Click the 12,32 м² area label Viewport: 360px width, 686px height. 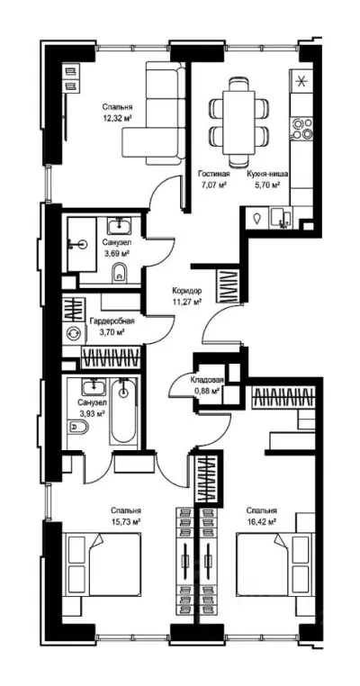click(x=117, y=117)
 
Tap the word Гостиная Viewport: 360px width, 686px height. click(x=213, y=173)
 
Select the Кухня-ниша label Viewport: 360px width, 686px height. click(x=266, y=173)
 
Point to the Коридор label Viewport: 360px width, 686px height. click(x=187, y=290)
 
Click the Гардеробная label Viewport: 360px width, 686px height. click(x=112, y=321)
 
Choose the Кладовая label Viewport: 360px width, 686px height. click(x=207, y=380)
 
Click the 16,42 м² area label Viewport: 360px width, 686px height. click(x=262, y=521)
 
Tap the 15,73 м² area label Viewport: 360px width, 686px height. click(x=126, y=521)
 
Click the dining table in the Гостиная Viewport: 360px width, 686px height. click(x=238, y=122)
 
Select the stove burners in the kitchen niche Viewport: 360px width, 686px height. click(x=302, y=128)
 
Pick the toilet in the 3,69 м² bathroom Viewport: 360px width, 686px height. click(x=120, y=274)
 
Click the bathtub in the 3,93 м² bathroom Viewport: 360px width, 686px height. click(x=123, y=411)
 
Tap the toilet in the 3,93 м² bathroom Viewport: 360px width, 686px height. click(x=78, y=426)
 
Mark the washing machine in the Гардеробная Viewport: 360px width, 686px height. click(x=72, y=333)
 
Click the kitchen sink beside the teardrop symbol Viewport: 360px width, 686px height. click(x=281, y=218)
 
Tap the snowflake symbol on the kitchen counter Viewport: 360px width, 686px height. click(x=301, y=80)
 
